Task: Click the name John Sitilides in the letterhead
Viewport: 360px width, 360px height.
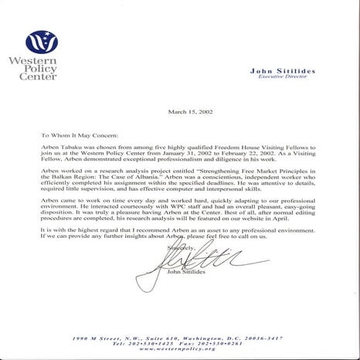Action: (x=282, y=71)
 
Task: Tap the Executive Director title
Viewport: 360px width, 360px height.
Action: (x=282, y=78)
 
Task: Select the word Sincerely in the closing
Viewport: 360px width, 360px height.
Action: (x=175, y=247)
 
